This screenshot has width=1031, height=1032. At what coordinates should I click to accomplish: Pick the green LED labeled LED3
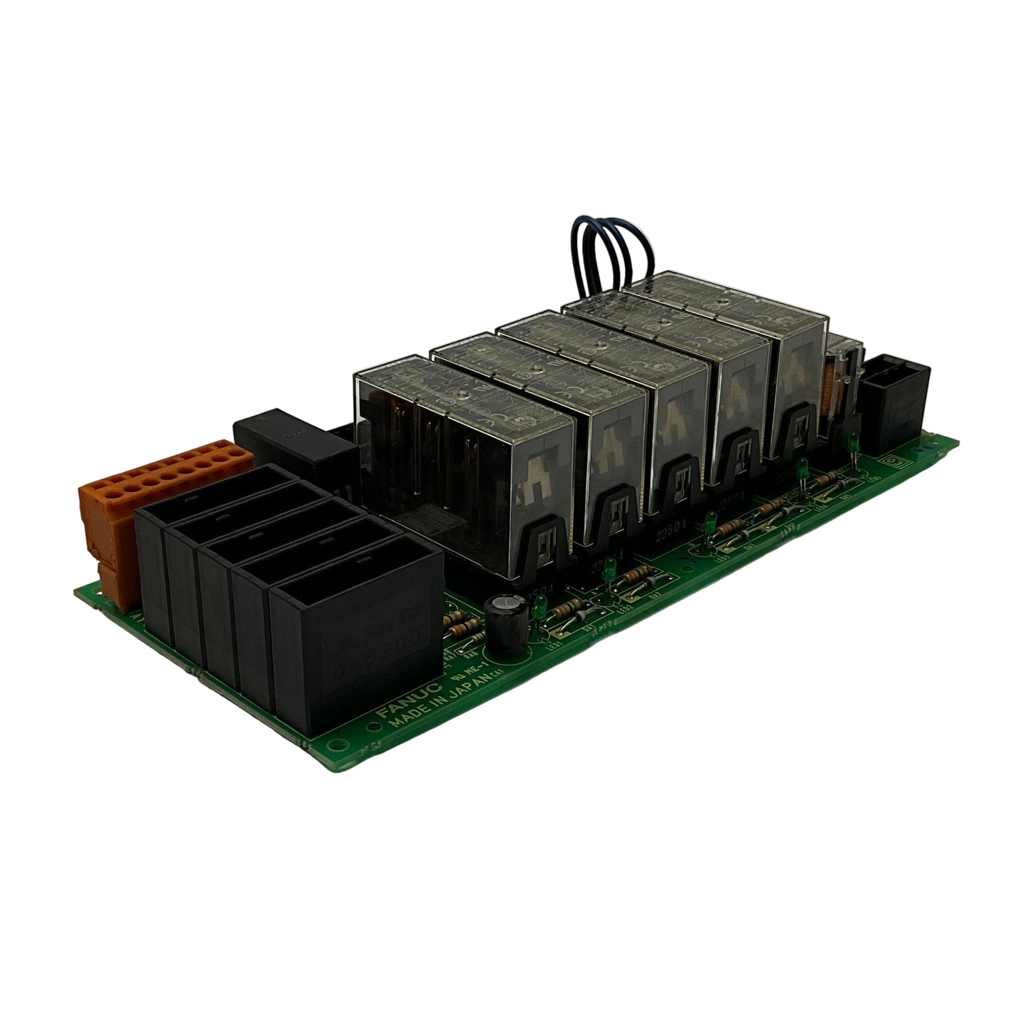point(710,523)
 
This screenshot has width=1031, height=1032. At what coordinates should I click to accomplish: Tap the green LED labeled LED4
point(802,471)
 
